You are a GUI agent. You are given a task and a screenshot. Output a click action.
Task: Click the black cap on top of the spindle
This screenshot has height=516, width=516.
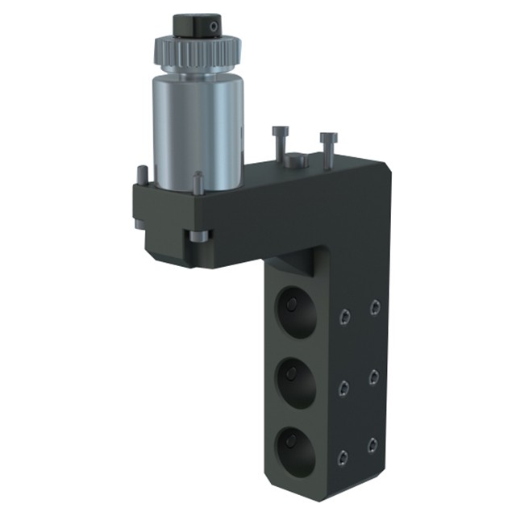[x=197, y=25]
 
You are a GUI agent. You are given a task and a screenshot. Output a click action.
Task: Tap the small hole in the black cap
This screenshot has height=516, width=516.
[x=213, y=27]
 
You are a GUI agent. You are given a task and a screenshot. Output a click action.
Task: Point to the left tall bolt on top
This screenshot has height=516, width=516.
[x=279, y=144]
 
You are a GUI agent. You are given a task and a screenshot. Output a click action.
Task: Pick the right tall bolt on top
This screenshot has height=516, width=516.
[x=327, y=149]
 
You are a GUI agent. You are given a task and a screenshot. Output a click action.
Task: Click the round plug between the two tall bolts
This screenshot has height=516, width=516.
[x=296, y=160]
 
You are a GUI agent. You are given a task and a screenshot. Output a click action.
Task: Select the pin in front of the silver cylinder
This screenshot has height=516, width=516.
[x=198, y=183]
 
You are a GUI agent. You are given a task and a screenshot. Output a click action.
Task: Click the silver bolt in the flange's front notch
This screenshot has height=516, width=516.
[x=198, y=236]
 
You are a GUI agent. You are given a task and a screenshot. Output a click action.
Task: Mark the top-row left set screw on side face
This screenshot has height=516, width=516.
[x=345, y=318]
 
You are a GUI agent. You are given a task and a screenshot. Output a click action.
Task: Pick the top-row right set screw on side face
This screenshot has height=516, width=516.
[x=374, y=306]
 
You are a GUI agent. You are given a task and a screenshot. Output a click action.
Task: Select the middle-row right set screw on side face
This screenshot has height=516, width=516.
[x=373, y=376]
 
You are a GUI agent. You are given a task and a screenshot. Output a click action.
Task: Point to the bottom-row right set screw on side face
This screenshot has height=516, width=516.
[x=372, y=445]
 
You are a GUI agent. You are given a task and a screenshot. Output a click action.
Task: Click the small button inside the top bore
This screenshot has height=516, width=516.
[x=291, y=304]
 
